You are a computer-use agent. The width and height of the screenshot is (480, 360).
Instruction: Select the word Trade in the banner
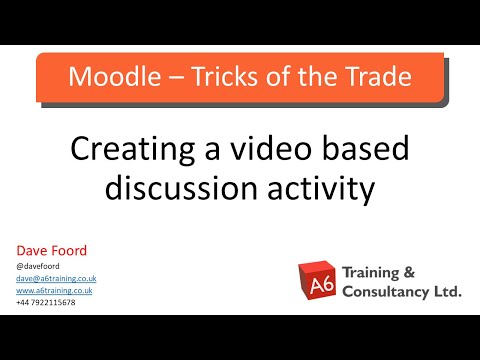point(374,77)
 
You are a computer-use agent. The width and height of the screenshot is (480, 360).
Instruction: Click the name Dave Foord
point(49,250)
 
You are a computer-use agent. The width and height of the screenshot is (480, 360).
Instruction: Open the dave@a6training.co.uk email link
point(55,278)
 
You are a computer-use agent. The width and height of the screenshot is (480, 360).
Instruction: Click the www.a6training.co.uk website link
point(55,290)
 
